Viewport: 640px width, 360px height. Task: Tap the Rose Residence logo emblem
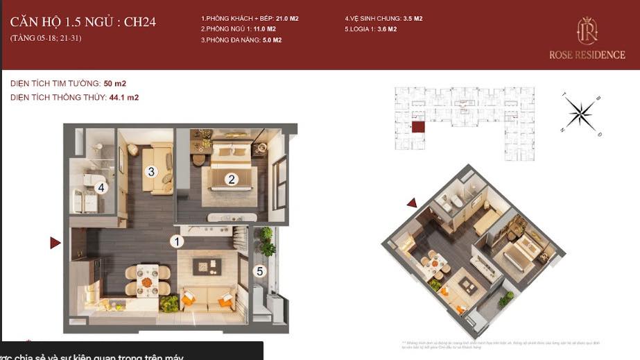(587, 31)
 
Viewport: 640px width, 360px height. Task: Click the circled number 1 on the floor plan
(178, 241)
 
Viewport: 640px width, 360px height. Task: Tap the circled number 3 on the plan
(150, 171)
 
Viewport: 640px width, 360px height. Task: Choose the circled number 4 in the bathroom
(101, 187)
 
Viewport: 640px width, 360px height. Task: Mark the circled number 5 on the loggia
(260, 271)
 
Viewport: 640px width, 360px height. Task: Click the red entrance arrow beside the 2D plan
(55, 243)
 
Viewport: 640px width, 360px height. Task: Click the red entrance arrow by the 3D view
(412, 203)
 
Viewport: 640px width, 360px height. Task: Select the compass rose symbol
(581, 113)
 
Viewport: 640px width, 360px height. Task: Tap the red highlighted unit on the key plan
(418, 127)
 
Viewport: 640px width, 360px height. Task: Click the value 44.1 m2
(124, 98)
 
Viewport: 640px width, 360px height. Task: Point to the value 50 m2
(115, 84)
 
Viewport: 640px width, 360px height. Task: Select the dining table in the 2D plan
(147, 281)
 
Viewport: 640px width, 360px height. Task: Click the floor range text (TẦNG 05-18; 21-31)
(46, 37)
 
